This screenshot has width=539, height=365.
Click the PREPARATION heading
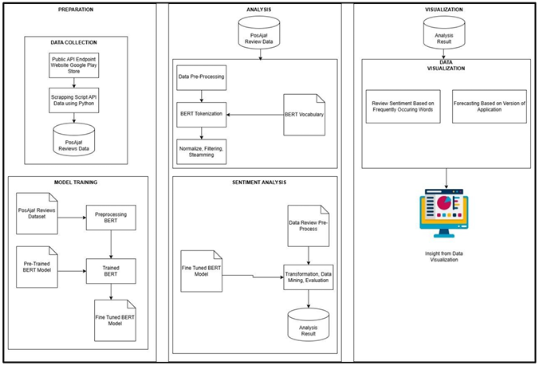pos(75,10)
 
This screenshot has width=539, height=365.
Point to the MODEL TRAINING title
pos(76,182)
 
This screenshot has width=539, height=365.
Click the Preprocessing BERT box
pos(111,218)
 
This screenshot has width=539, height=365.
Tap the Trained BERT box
pos(111,269)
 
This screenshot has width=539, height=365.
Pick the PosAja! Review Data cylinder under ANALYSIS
pos(257,34)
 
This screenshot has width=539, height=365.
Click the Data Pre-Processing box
pos(201,79)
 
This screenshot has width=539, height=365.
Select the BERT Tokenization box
pos(201,115)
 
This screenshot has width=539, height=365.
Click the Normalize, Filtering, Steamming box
pos(201,150)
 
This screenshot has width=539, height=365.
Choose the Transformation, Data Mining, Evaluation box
pos(308,275)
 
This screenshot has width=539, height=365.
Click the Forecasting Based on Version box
pos(489,107)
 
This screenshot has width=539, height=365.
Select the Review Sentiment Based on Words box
pos(403,107)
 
